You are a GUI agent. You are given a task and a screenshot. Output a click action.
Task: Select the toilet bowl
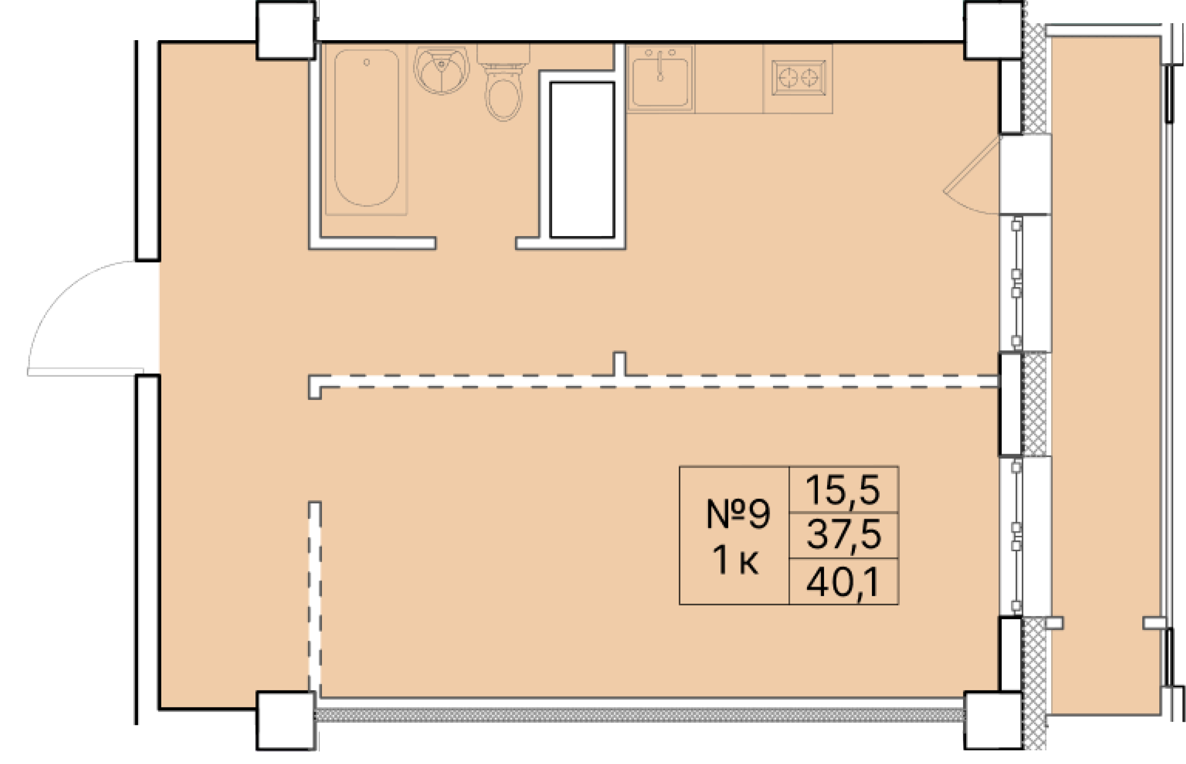point(504,100)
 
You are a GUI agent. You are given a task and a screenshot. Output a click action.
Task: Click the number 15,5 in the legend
point(843,490)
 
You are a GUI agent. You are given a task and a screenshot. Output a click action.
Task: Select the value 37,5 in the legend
point(843,535)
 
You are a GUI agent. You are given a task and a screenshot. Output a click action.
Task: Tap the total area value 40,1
point(843,583)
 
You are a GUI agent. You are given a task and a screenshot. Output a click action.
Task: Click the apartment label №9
point(737,515)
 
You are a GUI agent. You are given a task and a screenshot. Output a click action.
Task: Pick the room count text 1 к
point(735,561)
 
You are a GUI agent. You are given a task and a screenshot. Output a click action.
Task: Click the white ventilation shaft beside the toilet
point(582,160)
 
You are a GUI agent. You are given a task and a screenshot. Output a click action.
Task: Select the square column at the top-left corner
point(285,42)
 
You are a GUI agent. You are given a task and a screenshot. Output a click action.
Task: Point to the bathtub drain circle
point(366,62)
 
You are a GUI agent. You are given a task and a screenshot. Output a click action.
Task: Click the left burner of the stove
point(787,78)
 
